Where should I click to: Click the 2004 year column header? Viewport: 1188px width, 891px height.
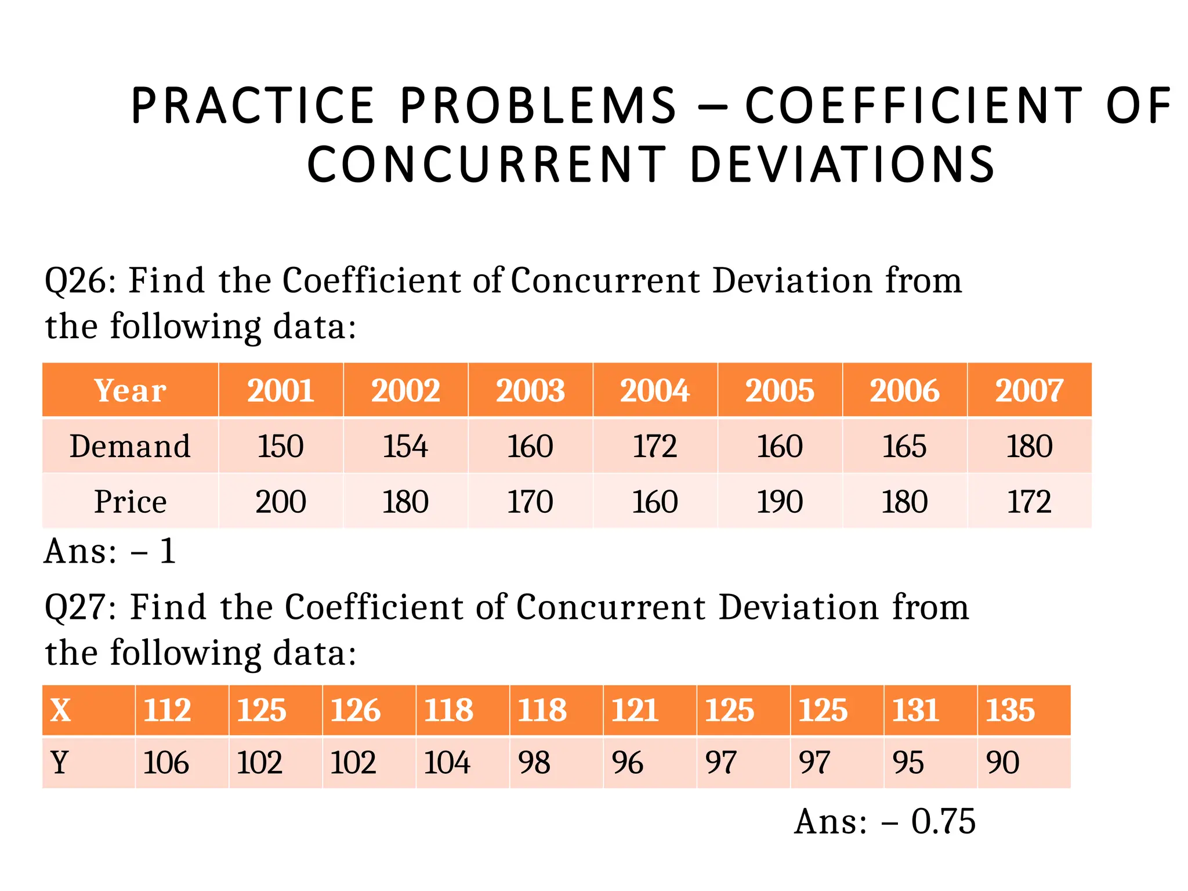pos(654,390)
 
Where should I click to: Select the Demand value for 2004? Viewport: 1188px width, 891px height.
pos(654,446)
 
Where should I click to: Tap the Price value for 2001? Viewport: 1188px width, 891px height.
pos(280,501)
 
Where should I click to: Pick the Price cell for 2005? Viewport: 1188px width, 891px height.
pos(779,501)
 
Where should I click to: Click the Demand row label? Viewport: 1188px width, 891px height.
pos(130,446)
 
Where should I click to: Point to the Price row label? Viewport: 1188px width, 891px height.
pos(130,501)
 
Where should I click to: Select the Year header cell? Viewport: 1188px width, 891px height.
pos(130,390)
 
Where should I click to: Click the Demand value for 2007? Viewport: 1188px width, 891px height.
pos(1028,446)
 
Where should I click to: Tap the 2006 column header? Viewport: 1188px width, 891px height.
pos(904,390)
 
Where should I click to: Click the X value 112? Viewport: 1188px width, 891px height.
pos(167,710)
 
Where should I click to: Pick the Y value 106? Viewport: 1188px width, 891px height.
pos(166,762)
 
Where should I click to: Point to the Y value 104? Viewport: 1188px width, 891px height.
pos(447,762)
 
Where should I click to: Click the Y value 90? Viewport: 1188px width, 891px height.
pos(1002,762)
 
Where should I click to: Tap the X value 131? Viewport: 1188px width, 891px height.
pos(915,710)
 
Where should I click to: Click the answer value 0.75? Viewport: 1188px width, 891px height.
pos(943,821)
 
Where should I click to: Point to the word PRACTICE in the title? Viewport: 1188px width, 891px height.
pos(252,106)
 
